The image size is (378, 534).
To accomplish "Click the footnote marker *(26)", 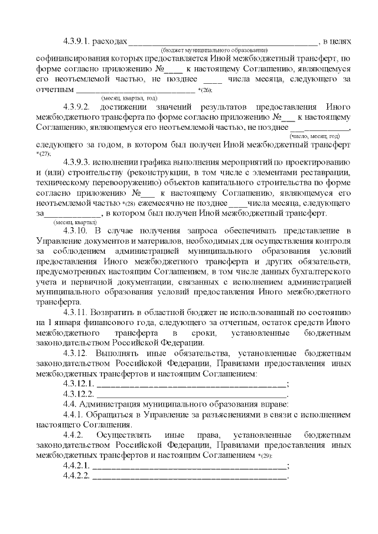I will (206, 90).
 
